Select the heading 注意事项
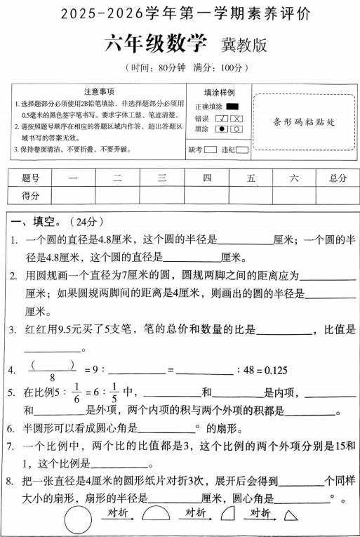(x=99, y=92)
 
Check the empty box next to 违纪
(x=241, y=150)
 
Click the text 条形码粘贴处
(x=303, y=121)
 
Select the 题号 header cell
(x=31, y=178)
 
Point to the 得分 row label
(x=31, y=195)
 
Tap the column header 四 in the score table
(x=206, y=178)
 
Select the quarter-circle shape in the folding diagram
(x=227, y=515)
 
